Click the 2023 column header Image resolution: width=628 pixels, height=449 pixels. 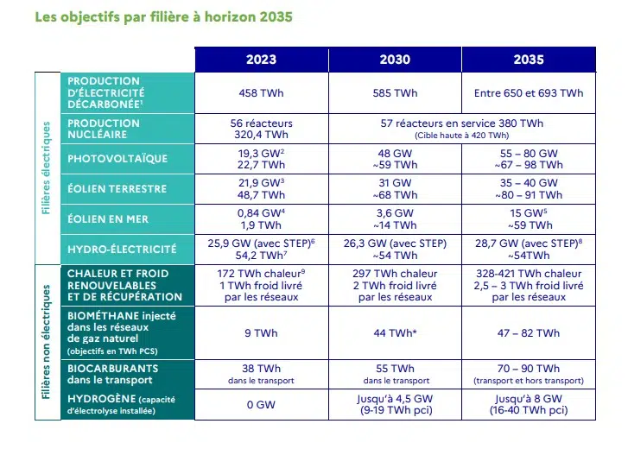click(x=261, y=60)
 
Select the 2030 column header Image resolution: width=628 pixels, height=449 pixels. click(x=395, y=60)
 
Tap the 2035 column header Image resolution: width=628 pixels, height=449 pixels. click(x=529, y=60)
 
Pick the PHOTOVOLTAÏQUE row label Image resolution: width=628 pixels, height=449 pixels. click(x=117, y=159)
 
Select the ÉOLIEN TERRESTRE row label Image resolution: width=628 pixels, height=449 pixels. click(x=117, y=189)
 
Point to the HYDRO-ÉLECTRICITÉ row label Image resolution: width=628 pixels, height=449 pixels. click(x=122, y=250)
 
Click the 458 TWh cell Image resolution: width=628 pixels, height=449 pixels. click(x=261, y=93)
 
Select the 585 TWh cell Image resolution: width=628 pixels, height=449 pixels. click(x=395, y=93)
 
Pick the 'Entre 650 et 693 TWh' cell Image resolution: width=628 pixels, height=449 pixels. click(x=529, y=93)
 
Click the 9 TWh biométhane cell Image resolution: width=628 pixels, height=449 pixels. click(x=261, y=333)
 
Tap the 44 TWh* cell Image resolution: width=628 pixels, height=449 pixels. click(x=395, y=333)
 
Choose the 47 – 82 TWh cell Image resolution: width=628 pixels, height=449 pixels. click(x=529, y=333)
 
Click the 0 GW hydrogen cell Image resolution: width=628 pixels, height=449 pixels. click(x=261, y=403)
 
